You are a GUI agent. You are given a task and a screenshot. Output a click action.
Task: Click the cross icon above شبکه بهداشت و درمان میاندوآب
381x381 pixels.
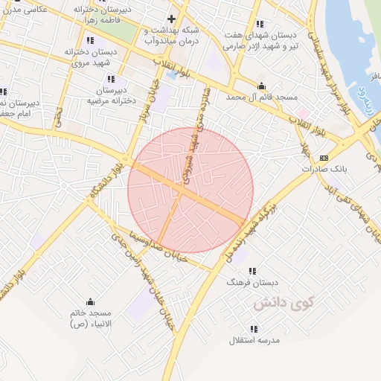pos(172,19)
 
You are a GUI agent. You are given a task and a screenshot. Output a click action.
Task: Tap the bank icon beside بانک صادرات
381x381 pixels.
pos(324,158)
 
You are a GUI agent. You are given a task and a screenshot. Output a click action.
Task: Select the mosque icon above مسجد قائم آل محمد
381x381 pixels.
pos(261,86)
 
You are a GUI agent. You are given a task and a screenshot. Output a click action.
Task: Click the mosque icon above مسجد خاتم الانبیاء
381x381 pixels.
pos(91,301)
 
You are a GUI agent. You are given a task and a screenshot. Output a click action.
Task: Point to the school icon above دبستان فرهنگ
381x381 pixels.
pos(253,271)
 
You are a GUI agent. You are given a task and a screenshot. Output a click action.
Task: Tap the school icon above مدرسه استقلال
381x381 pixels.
pos(254,328)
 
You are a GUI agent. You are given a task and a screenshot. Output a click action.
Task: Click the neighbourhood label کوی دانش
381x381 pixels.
pos(284,303)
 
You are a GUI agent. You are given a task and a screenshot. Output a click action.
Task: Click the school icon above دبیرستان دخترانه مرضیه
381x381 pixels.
pos(111,79)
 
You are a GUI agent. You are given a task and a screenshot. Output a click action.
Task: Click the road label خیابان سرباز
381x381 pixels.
pos(147,104)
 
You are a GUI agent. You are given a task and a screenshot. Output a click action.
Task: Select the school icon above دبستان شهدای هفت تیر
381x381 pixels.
pos(259,24)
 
